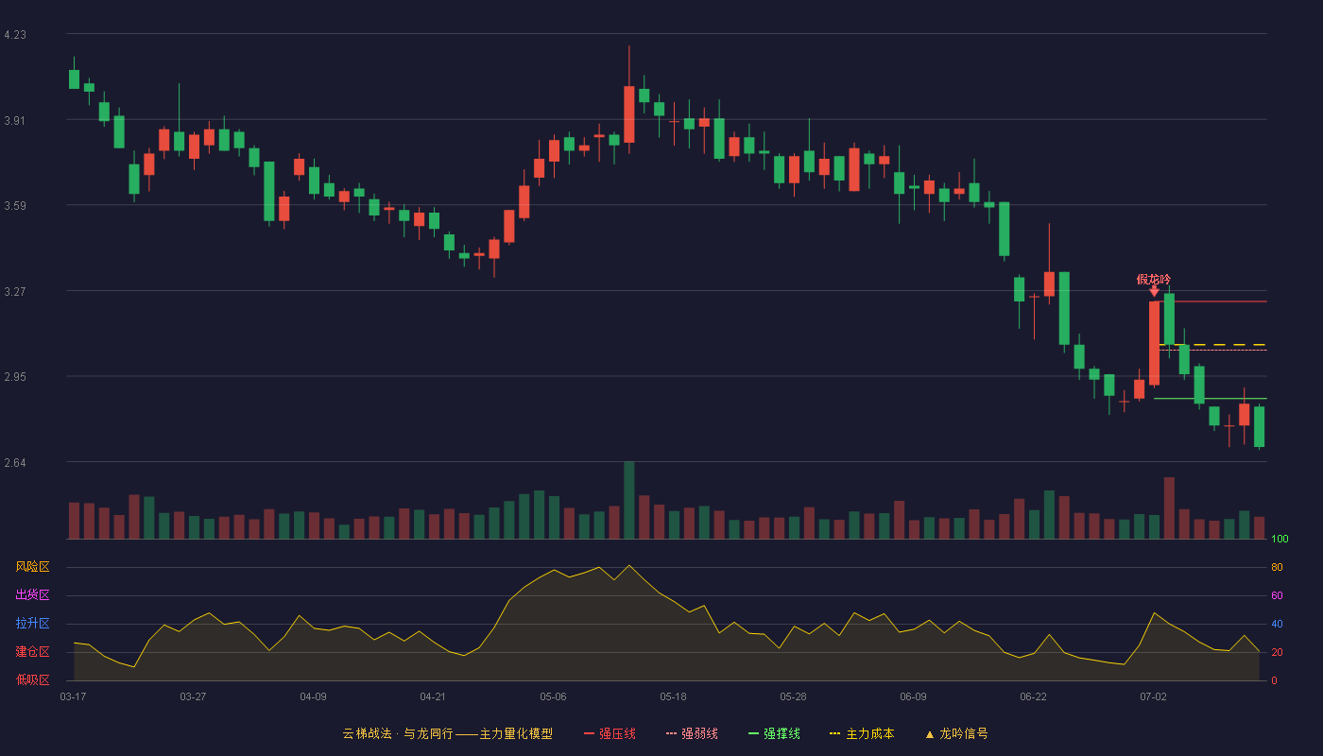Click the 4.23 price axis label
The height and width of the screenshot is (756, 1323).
[15, 35]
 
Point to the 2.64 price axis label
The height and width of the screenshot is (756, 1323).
[15, 463]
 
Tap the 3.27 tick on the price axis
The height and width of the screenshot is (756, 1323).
[15, 292]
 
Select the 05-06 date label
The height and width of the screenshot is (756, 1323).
[553, 697]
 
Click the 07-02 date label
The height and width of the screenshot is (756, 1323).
[1153, 697]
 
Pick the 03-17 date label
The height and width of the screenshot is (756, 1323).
[73, 697]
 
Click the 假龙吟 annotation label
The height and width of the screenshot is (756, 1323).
[1154, 280]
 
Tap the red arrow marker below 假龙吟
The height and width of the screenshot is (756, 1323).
[1154, 291]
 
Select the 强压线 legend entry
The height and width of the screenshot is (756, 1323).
[610, 733]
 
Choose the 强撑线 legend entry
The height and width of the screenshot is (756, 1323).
[774, 733]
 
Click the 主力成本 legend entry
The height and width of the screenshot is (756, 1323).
[862, 733]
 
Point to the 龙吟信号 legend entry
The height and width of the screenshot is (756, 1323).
[956, 733]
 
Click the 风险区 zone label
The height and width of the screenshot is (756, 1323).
[32, 567]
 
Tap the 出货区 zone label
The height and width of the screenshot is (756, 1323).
[32, 594]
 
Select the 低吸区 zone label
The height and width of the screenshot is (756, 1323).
[32, 679]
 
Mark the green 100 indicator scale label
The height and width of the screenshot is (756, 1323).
[1280, 539]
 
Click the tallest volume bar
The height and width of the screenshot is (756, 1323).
[629, 500]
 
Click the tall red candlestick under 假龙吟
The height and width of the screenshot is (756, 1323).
[1154, 343]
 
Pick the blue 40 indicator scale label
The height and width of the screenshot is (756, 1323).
[1277, 624]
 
